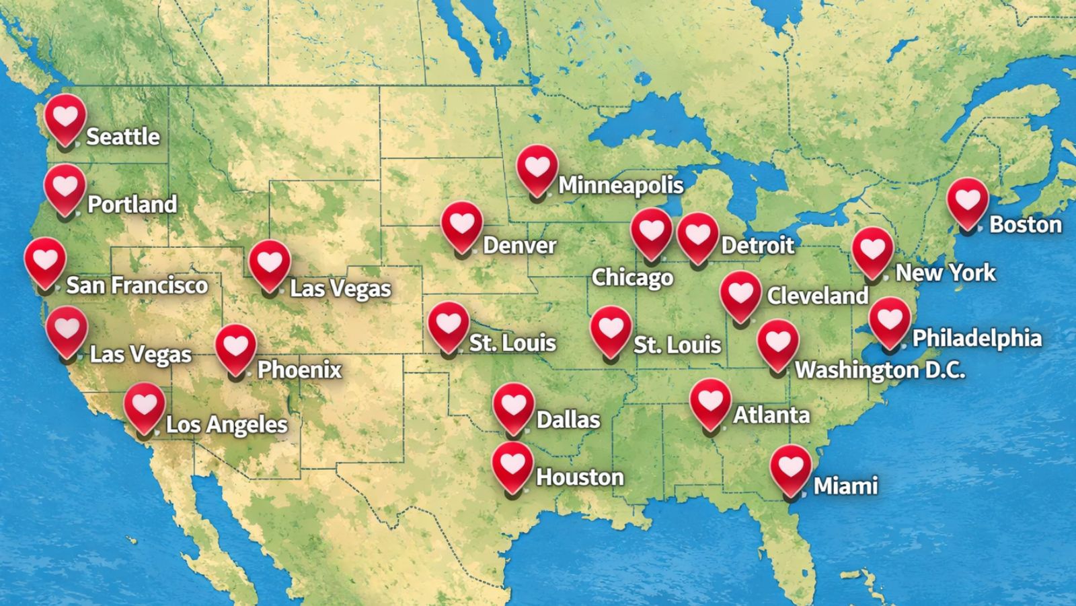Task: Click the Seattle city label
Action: click(123, 137)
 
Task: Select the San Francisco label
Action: click(137, 285)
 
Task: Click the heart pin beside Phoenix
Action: click(235, 347)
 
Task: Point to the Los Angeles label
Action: click(227, 425)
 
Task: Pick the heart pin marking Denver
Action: click(462, 224)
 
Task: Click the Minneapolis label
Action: click(621, 185)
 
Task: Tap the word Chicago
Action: click(632, 277)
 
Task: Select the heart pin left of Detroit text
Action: click(697, 235)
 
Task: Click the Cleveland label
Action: click(818, 296)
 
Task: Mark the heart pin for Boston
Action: click(968, 201)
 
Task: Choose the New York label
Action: click(946, 273)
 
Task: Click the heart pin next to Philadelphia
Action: click(890, 320)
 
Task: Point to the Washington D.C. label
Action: click(880, 370)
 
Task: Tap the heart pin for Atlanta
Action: click(710, 401)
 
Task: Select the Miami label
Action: click(845, 485)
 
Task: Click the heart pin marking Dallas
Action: click(513, 406)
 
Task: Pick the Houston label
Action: click(580, 477)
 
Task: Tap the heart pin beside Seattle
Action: click(65, 117)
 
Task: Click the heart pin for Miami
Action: click(791, 467)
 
